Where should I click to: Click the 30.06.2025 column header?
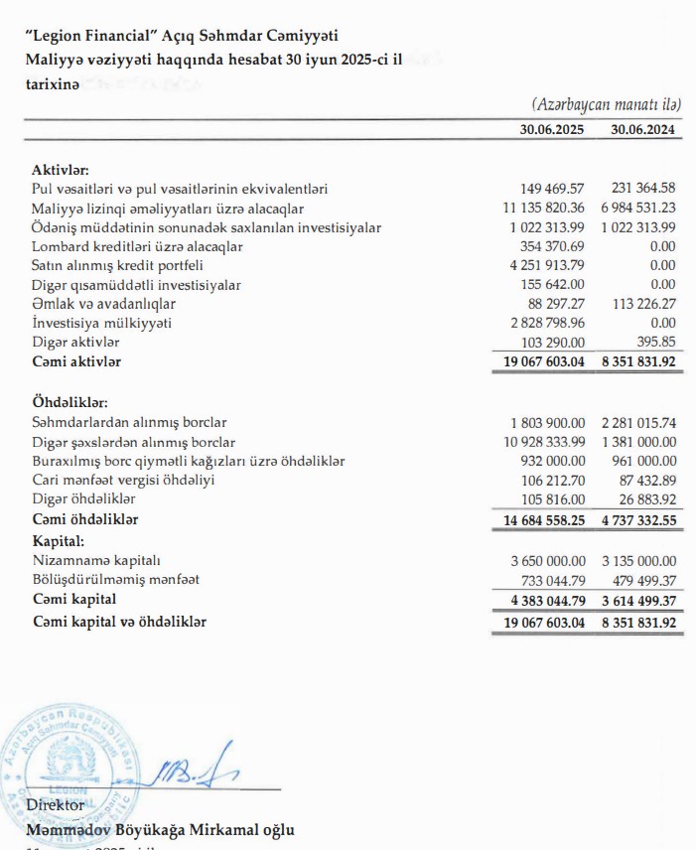[551, 129]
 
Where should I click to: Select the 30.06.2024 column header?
[642, 129]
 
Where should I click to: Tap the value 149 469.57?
[553, 189]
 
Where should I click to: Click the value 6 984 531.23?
[638, 208]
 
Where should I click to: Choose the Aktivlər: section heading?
[61, 170]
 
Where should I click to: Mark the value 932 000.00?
[553, 461]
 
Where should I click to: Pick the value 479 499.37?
[642, 579]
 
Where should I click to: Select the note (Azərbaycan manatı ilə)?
[606, 104]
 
